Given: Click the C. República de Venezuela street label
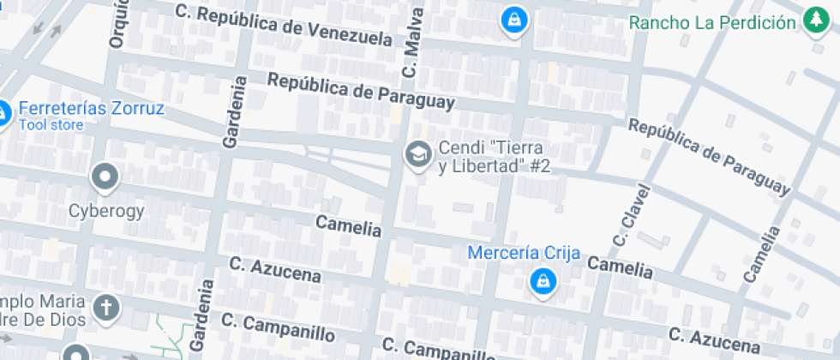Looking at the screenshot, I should [x=283, y=25].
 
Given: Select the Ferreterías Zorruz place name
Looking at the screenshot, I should [x=91, y=109].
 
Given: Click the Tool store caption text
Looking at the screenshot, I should [x=51, y=125].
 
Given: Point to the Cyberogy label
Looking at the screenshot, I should [x=106, y=211].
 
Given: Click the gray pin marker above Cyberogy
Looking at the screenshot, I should [x=105, y=177].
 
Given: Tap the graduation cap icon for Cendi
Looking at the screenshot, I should [x=418, y=155].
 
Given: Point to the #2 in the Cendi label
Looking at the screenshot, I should [x=539, y=166].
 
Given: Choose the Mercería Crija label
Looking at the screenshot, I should [x=525, y=253].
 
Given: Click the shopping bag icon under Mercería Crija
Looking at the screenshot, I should [x=542, y=281].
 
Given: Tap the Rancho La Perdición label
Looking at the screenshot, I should [x=712, y=22].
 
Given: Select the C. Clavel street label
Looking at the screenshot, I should [x=627, y=212].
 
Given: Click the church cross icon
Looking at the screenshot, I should [x=106, y=307].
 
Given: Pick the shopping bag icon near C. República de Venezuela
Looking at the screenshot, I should [x=513, y=20].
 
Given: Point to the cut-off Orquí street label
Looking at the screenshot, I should [x=118, y=23].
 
